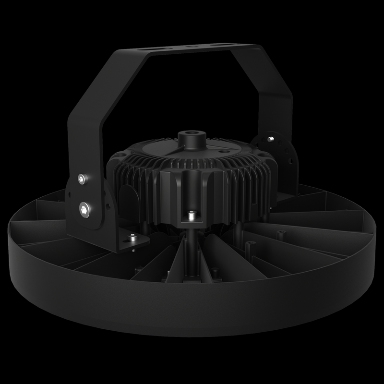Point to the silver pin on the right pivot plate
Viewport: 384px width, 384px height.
pyautogui.click(x=272, y=139)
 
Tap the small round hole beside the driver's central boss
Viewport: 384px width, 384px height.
pyautogui.click(x=221, y=150)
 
